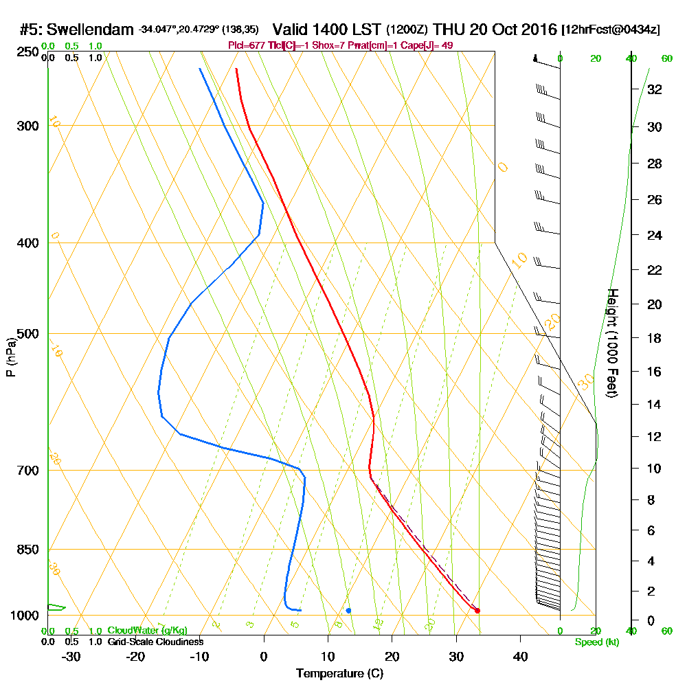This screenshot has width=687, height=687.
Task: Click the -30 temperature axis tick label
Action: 71,657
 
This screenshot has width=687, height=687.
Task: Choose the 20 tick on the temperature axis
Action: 392,657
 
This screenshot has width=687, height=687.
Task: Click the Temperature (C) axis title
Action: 339,673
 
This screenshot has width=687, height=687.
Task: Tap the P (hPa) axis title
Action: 10,357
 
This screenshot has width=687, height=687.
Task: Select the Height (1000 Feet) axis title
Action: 611,343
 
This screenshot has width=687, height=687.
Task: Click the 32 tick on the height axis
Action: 655,89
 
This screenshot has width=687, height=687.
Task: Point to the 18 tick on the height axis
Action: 655,338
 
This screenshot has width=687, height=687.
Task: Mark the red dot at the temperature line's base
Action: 477,610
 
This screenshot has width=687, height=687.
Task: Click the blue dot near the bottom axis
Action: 348,610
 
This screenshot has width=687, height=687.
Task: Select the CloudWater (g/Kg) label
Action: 147,631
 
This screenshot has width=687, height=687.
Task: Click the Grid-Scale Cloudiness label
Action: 155,642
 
